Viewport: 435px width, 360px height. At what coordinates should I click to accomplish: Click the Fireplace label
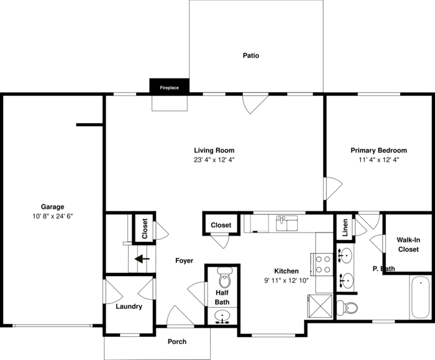coord(169,88)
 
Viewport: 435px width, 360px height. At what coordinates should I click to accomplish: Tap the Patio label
coord(250,56)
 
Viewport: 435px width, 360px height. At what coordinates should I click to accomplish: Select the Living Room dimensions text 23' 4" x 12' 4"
coord(214,160)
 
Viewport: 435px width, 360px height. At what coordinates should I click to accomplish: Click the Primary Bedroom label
coord(378,150)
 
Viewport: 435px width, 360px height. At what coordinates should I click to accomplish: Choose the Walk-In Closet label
coord(408,244)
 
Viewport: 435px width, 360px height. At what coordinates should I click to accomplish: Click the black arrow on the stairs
coord(143,259)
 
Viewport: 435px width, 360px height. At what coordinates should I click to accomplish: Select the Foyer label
coord(184,261)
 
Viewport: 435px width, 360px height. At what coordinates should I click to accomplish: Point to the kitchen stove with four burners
coord(323,264)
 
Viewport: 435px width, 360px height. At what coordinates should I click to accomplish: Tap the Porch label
coord(177,341)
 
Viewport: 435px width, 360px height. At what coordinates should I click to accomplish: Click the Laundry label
coord(129,307)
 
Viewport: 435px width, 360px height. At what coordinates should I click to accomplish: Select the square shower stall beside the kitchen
coord(319,307)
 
